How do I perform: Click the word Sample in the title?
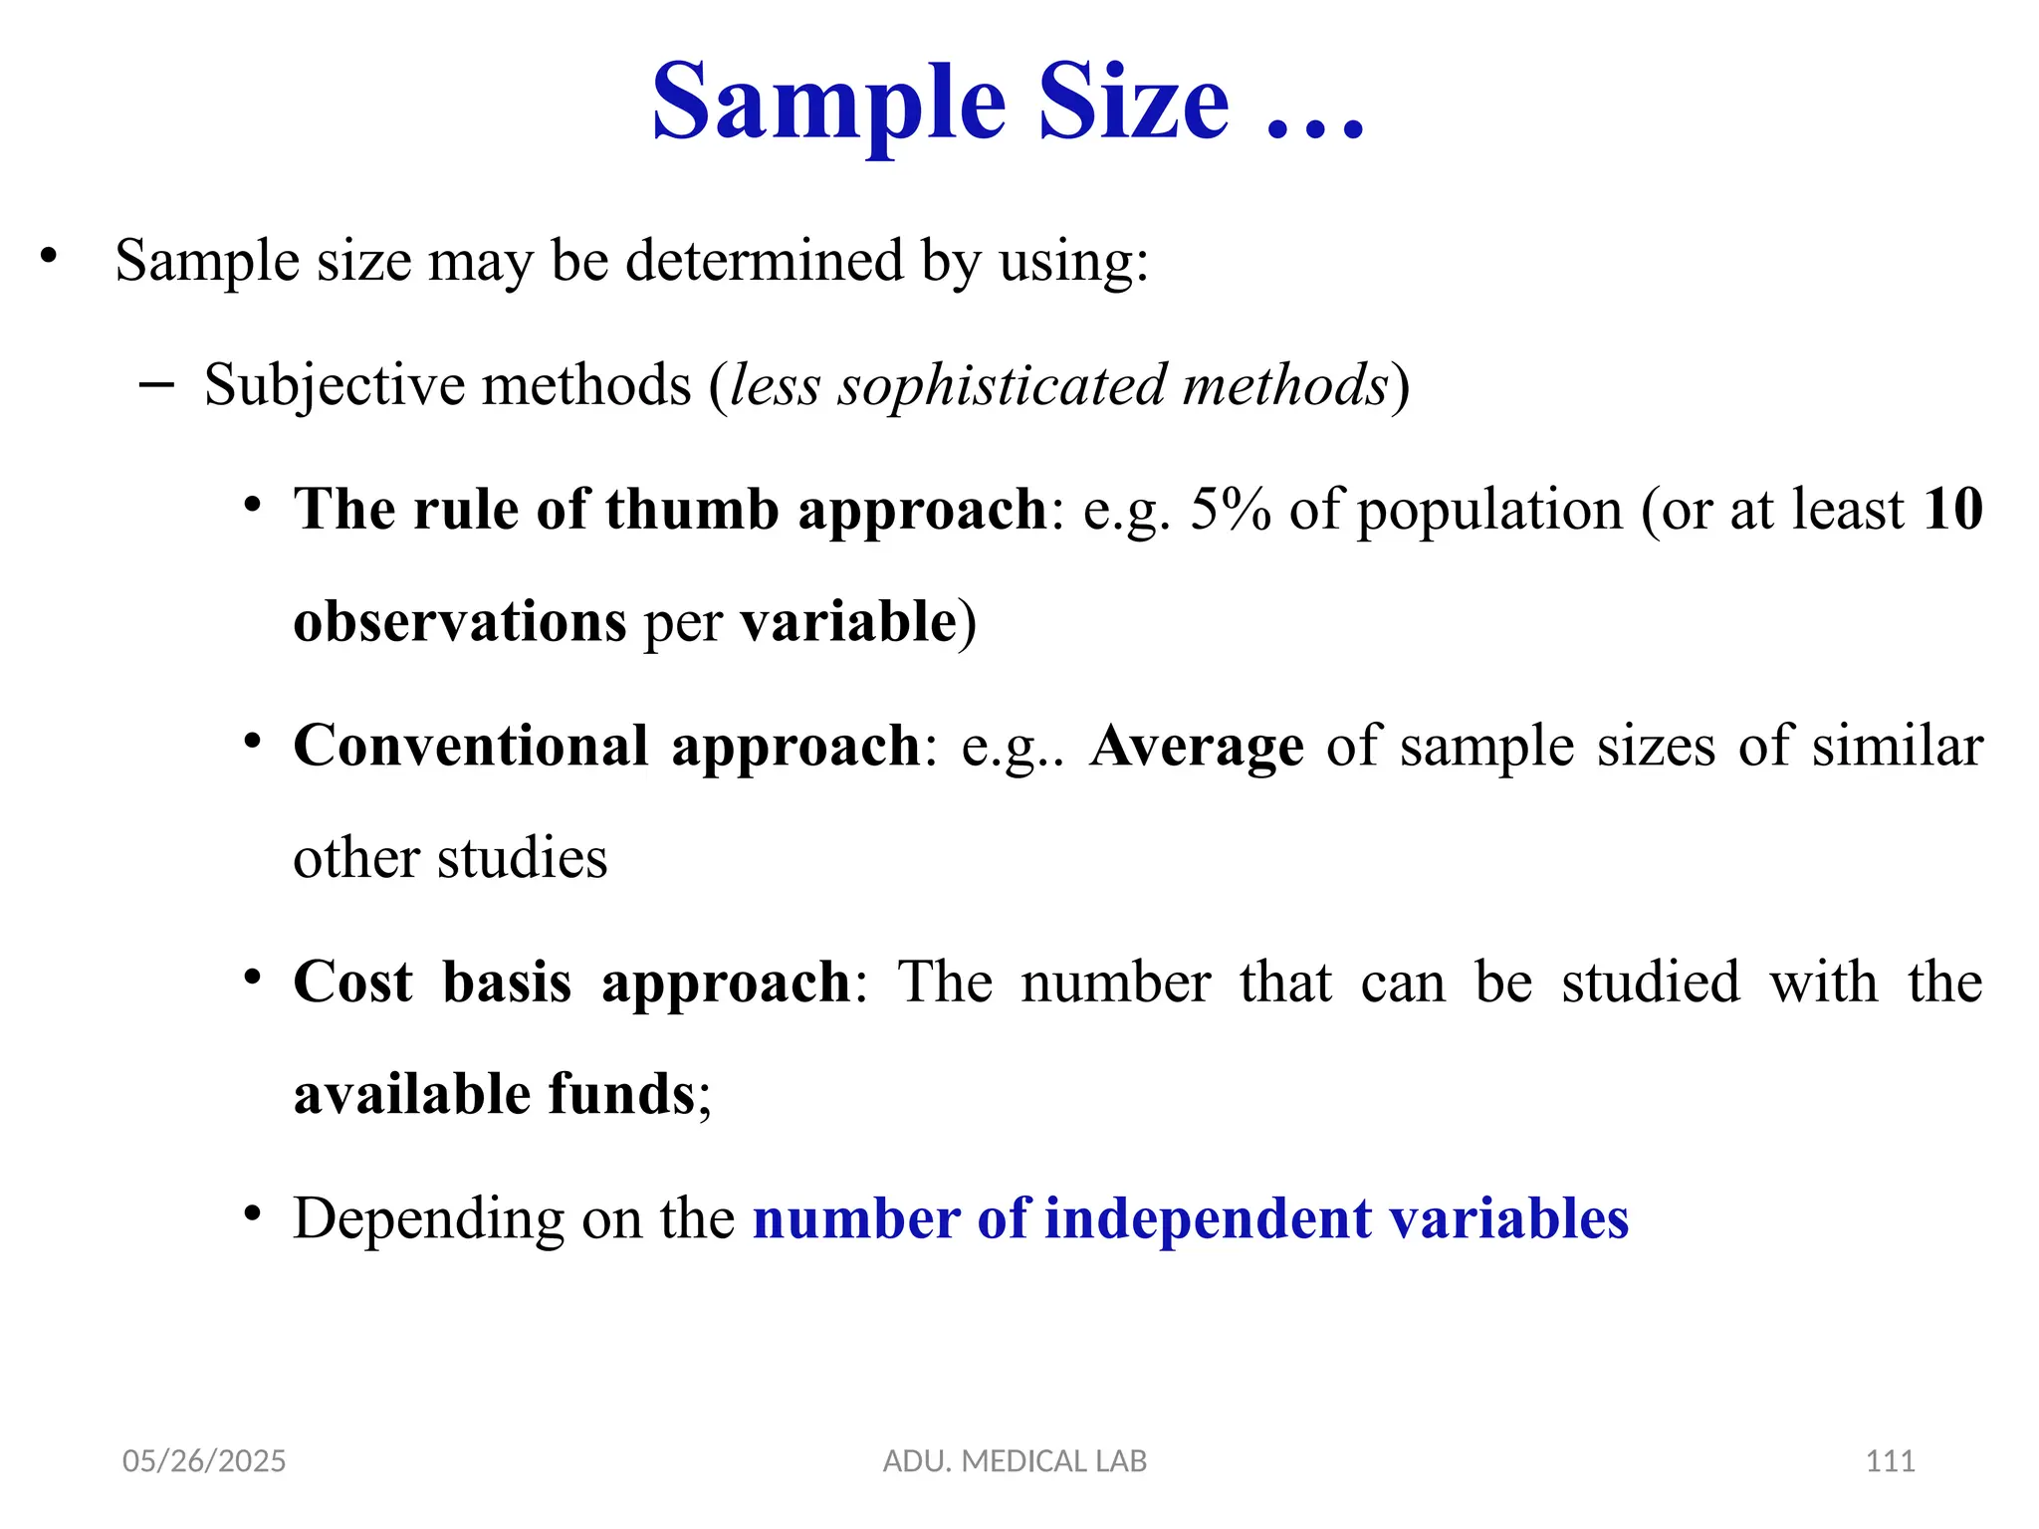coord(828,104)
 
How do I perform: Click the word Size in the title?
coord(1133,104)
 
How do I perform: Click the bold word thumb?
coord(691,510)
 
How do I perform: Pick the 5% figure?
coord(1230,510)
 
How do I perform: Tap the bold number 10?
coord(1952,510)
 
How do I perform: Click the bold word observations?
coord(460,622)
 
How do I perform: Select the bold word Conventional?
coord(471,746)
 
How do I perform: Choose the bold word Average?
coord(1197,746)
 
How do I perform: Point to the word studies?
coord(522,858)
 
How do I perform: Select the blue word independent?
coord(1208,1218)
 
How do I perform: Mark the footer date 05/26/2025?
coord(204,1461)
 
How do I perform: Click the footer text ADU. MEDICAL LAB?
coord(1015,1461)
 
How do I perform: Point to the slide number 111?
coord(1890,1461)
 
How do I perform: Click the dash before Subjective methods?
coord(157,385)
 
